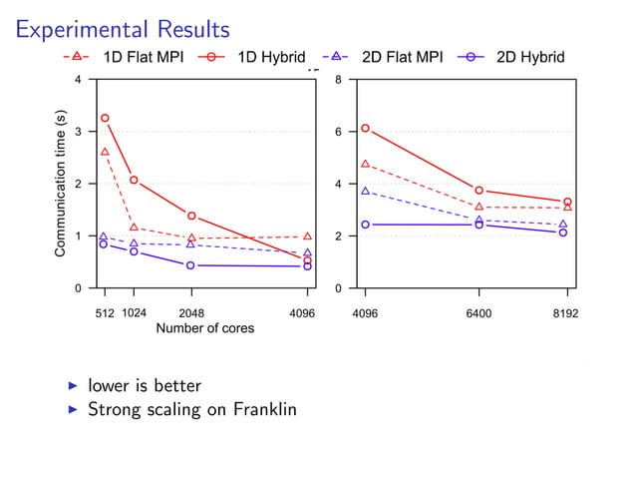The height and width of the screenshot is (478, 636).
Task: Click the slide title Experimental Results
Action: click(122, 29)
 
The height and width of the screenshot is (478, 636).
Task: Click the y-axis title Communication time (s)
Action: click(61, 191)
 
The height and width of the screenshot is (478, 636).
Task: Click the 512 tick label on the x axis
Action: click(104, 312)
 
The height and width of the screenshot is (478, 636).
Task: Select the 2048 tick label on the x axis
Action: click(191, 312)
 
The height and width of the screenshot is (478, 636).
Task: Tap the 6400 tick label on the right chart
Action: click(479, 312)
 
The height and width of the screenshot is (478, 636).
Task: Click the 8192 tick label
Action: click(566, 312)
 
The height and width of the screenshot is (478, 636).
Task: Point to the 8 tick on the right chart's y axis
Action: click(341, 80)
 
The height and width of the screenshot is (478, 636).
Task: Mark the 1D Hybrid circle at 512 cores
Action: click(105, 118)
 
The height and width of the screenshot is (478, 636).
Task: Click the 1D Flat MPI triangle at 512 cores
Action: click(105, 152)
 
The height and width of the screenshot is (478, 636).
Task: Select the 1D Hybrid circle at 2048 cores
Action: click(191, 216)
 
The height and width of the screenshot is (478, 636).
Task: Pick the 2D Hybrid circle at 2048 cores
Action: click(191, 265)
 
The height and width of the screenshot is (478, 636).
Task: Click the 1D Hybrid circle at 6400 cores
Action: click(479, 190)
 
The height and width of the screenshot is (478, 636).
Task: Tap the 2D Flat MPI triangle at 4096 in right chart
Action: click(366, 191)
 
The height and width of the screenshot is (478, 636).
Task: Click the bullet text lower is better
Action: click(145, 385)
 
